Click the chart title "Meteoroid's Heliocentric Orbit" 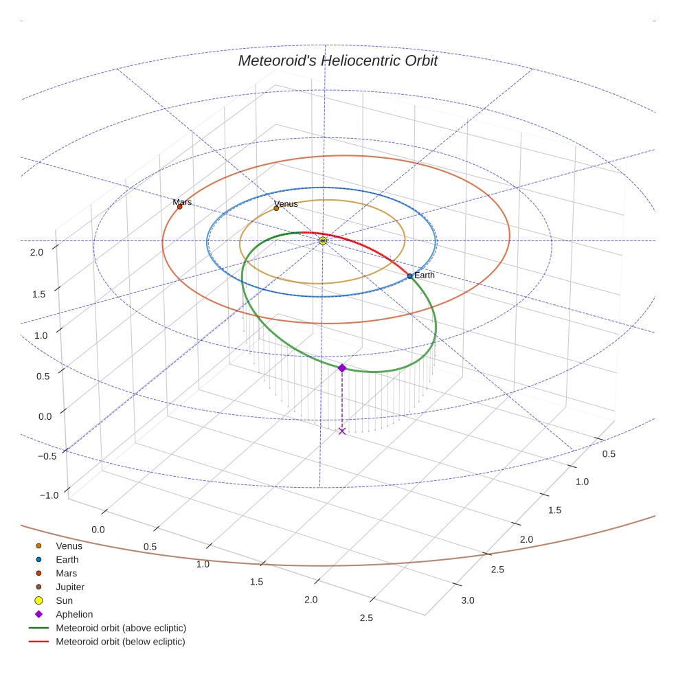[337, 60]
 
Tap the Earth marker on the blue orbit [410, 276]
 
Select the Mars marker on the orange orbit [180, 206]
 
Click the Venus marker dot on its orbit [277, 208]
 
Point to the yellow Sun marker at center [323, 240]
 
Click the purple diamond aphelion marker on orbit [342, 368]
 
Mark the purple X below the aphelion [342, 431]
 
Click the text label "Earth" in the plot [425, 275]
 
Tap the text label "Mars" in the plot [182, 202]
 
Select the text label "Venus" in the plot [286, 204]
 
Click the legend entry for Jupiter [69, 587]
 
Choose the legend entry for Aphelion [74, 614]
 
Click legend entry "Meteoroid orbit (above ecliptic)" [121, 628]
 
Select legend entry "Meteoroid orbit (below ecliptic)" [120, 642]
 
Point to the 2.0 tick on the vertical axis [36, 252]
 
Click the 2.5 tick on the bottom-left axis [365, 618]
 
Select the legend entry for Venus [69, 546]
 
